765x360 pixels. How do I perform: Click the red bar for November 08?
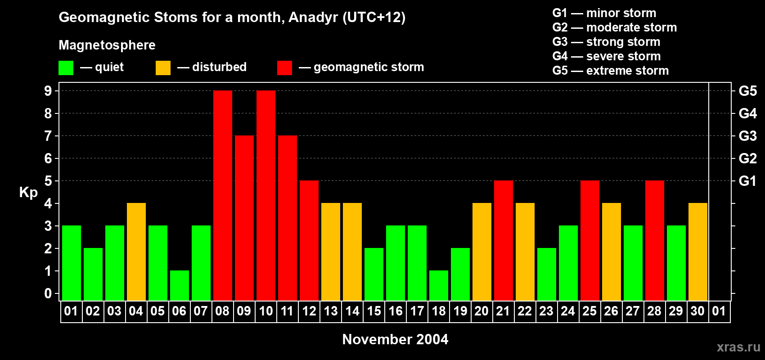[x=223, y=195]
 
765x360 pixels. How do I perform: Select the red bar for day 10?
[x=266, y=195]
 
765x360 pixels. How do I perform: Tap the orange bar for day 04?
[x=136, y=252]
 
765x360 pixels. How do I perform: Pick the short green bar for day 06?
[x=180, y=286]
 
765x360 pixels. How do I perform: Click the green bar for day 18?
[x=439, y=286]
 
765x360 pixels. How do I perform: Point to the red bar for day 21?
[x=504, y=240]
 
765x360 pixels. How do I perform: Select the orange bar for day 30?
[x=698, y=252]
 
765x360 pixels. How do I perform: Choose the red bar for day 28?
[x=655, y=240]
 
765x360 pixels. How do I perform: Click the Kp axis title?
[x=28, y=193]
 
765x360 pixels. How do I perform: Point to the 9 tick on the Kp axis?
[x=48, y=91]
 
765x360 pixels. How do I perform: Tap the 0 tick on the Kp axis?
[x=48, y=293]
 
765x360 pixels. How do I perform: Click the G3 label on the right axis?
[x=748, y=136]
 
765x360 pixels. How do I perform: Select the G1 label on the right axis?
[x=748, y=181]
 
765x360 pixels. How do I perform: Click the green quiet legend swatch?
[x=66, y=67]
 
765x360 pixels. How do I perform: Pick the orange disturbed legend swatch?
[x=163, y=67]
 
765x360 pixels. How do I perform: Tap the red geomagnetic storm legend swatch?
[x=285, y=67]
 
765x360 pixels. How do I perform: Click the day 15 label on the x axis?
[x=374, y=311]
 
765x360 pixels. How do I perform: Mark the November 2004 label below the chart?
[x=395, y=339]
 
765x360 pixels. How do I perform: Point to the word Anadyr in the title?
[x=313, y=18]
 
